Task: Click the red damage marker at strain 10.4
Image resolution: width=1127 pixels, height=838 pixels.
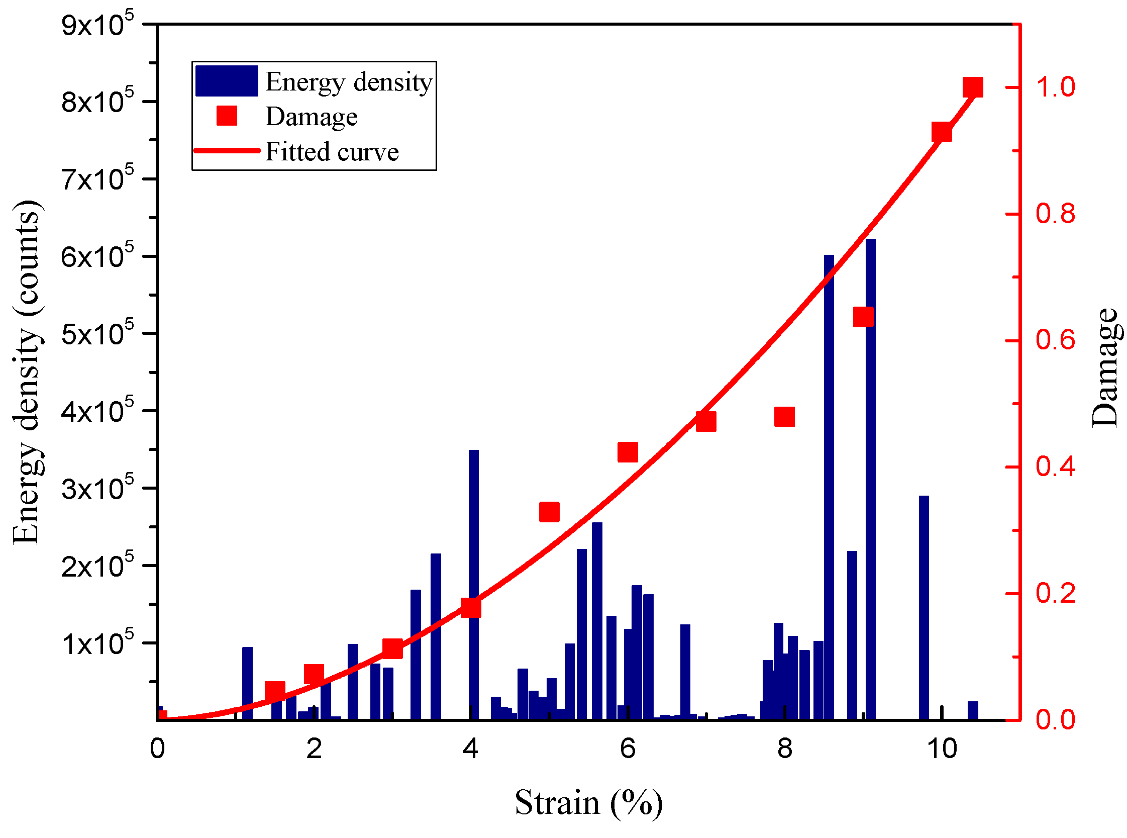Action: (x=972, y=87)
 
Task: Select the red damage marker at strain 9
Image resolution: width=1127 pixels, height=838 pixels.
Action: (x=863, y=317)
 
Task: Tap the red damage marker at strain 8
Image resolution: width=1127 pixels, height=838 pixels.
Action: (x=784, y=417)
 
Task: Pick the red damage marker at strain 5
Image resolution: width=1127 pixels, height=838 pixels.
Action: (x=549, y=512)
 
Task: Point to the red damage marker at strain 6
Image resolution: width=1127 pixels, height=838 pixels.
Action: (x=628, y=452)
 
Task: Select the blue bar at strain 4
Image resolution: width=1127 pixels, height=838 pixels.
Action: (x=473, y=583)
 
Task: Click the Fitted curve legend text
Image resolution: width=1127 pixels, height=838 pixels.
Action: (x=332, y=152)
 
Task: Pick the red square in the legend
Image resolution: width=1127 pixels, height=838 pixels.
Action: (x=227, y=116)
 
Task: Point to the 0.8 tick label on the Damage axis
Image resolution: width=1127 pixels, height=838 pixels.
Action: (x=1055, y=214)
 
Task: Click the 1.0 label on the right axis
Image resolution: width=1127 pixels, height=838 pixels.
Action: (x=1055, y=87)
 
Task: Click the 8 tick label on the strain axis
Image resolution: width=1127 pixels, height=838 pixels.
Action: (x=784, y=749)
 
